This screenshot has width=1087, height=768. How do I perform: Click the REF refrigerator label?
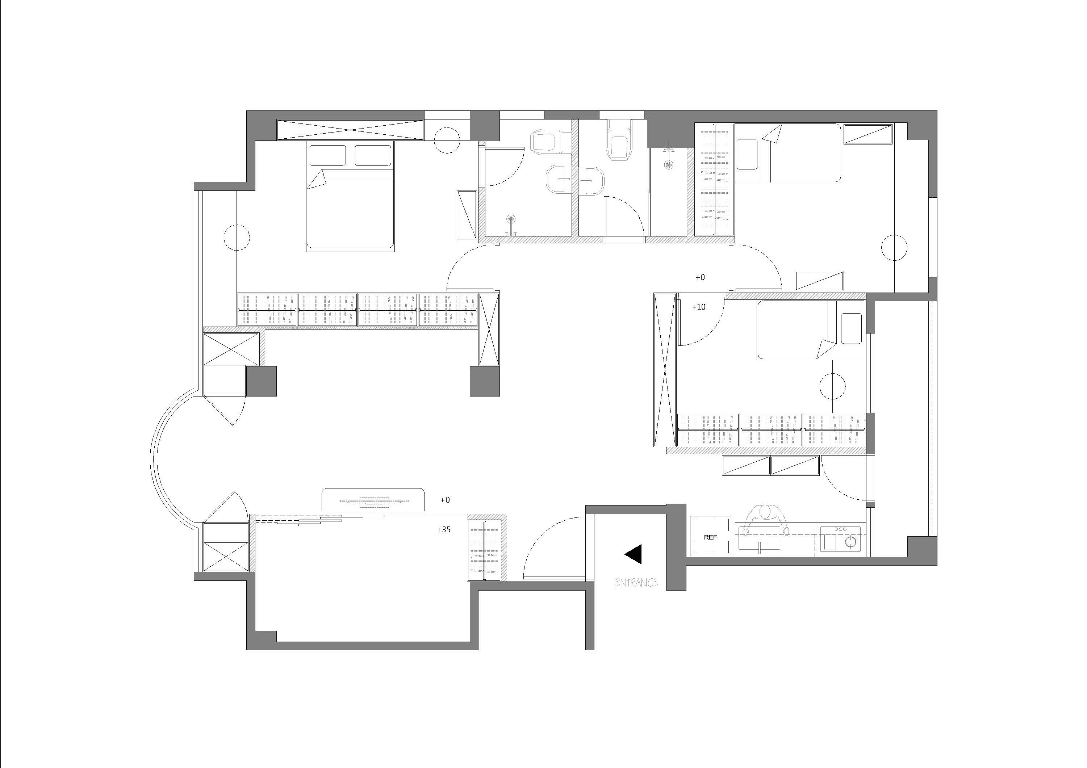click(710, 537)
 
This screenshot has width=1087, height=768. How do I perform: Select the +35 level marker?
click(444, 529)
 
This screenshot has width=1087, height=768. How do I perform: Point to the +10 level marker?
click(698, 307)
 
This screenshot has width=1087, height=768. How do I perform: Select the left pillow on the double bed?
click(327, 155)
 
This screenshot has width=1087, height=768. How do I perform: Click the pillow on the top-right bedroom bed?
click(747, 154)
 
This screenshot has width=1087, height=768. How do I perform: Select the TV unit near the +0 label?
click(373, 500)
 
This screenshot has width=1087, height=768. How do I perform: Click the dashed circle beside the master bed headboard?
click(447, 140)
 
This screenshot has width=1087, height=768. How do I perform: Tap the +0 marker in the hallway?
click(700, 277)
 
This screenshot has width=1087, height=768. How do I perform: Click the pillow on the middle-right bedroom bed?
click(851, 328)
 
